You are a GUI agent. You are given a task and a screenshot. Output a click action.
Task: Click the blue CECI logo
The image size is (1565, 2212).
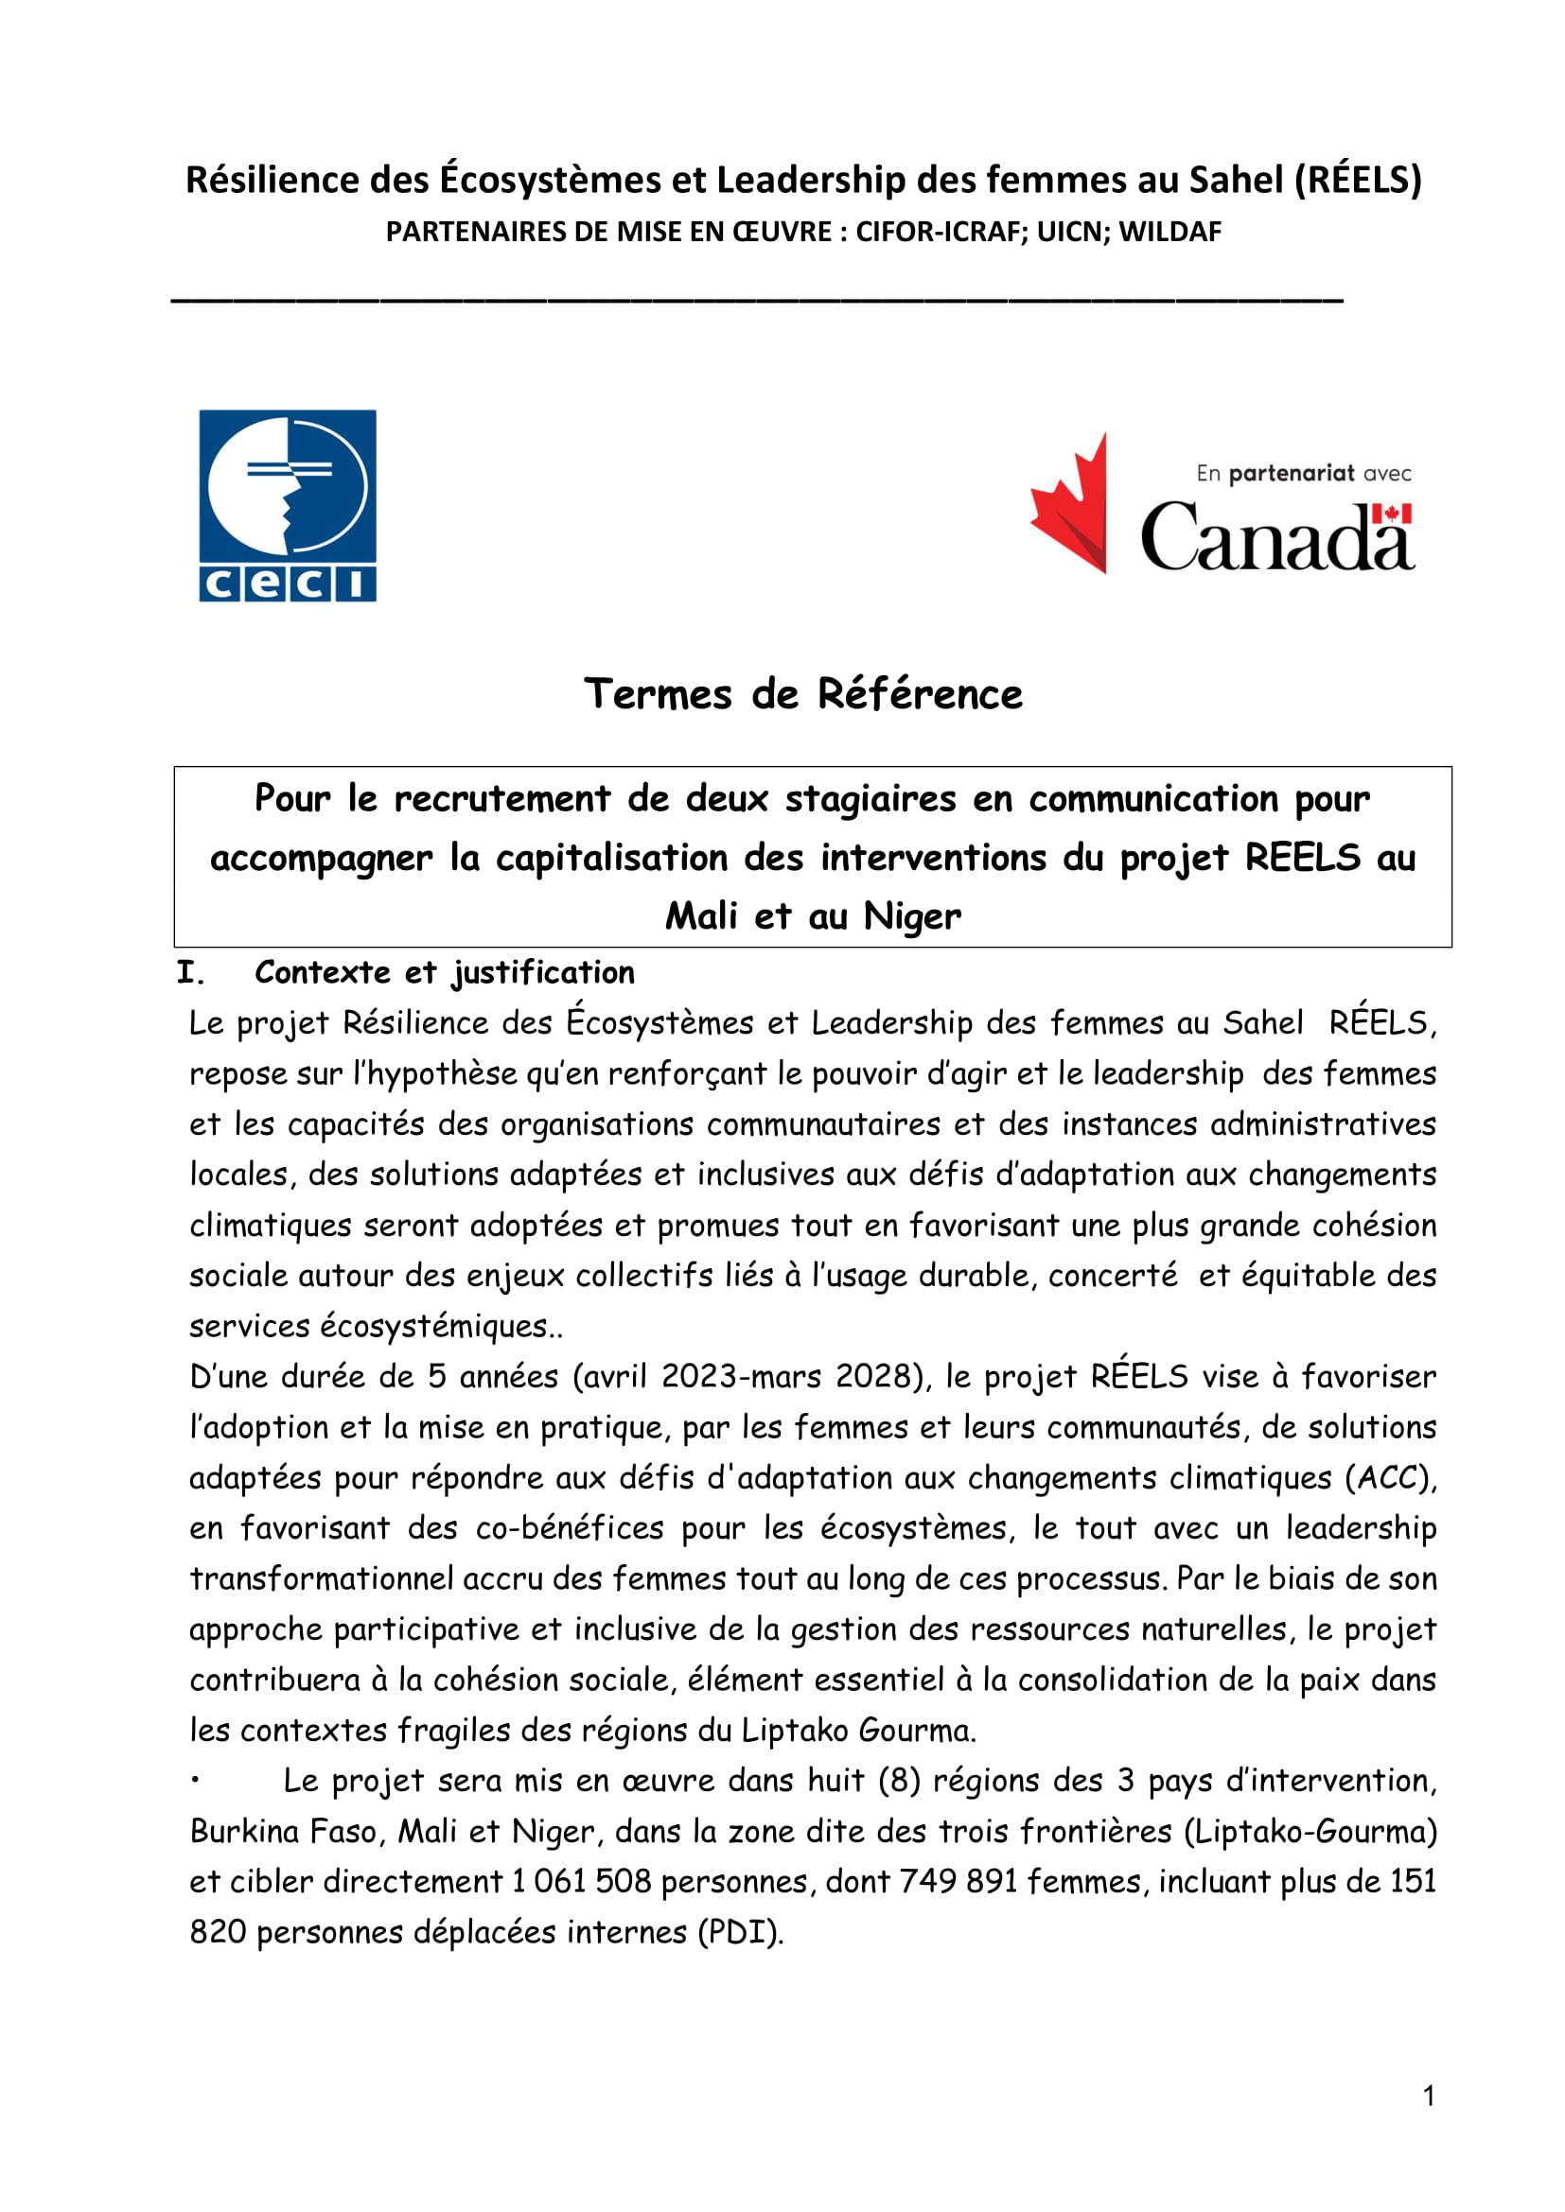coord(288,506)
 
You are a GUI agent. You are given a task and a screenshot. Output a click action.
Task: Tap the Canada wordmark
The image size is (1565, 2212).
coord(1276,536)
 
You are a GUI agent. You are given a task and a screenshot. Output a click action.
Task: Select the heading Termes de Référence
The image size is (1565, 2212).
coord(802,693)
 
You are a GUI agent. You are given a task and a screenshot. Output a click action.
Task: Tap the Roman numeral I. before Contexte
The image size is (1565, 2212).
coord(191,973)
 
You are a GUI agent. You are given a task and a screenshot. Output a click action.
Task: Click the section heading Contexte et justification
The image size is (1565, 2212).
coord(445,973)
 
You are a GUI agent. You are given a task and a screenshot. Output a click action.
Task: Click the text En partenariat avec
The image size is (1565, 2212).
coord(1303,473)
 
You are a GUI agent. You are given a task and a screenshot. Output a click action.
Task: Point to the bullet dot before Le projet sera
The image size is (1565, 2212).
coord(195,1781)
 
